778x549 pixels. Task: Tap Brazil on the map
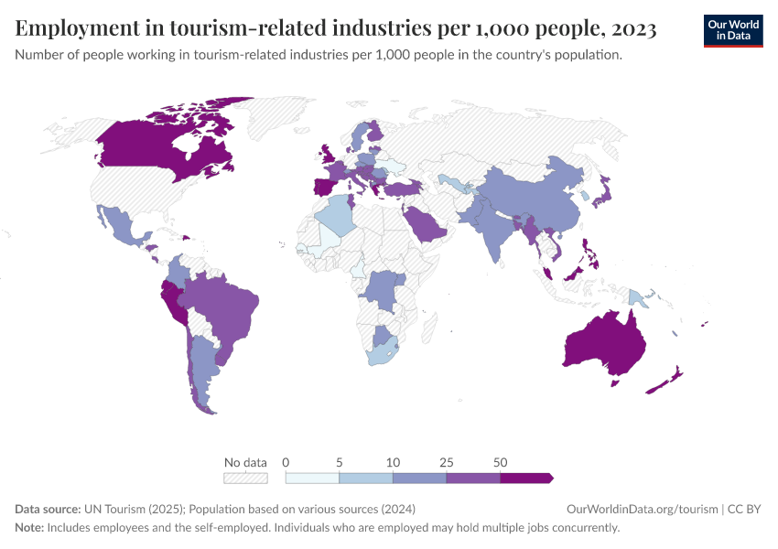(224, 307)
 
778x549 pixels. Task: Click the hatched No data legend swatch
(245, 478)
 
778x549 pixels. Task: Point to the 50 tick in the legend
(500, 461)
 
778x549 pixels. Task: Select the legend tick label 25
(447, 461)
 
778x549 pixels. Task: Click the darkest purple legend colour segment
(525, 478)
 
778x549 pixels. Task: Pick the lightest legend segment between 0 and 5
(312, 478)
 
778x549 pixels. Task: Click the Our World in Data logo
(733, 30)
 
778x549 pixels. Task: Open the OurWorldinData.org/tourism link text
(640, 509)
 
